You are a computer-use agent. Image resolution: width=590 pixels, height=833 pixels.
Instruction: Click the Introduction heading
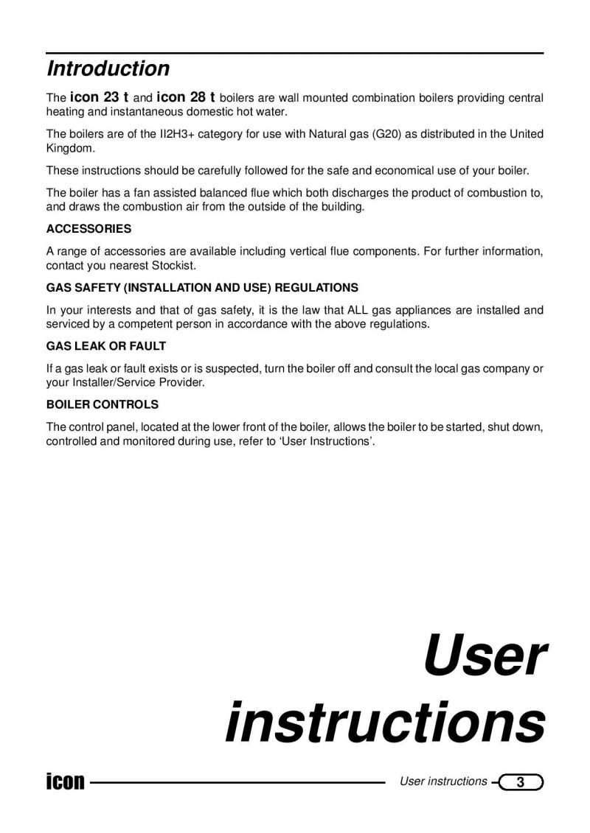pyautogui.click(x=108, y=69)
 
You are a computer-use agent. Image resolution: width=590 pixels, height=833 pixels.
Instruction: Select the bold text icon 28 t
pyautogui.click(x=186, y=97)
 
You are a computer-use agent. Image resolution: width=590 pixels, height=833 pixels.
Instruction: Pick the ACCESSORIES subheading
pyautogui.click(x=88, y=229)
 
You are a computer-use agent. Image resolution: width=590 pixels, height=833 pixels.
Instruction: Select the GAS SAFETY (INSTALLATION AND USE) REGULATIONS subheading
pyautogui.click(x=202, y=287)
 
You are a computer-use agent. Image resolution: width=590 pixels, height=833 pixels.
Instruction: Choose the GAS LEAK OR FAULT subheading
pyautogui.click(x=106, y=346)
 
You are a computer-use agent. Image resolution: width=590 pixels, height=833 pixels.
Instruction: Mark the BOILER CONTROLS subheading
pyautogui.click(x=103, y=405)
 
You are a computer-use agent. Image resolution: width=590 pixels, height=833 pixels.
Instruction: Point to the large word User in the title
pyautogui.click(x=485, y=657)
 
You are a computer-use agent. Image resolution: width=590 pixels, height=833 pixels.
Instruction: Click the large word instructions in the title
pyautogui.click(x=385, y=723)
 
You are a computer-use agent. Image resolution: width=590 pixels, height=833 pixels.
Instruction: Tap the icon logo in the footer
pyautogui.click(x=65, y=781)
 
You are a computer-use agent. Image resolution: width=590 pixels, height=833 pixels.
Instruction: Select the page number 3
pyautogui.click(x=521, y=782)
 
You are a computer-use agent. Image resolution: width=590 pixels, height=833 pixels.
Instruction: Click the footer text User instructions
pyautogui.click(x=443, y=781)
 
